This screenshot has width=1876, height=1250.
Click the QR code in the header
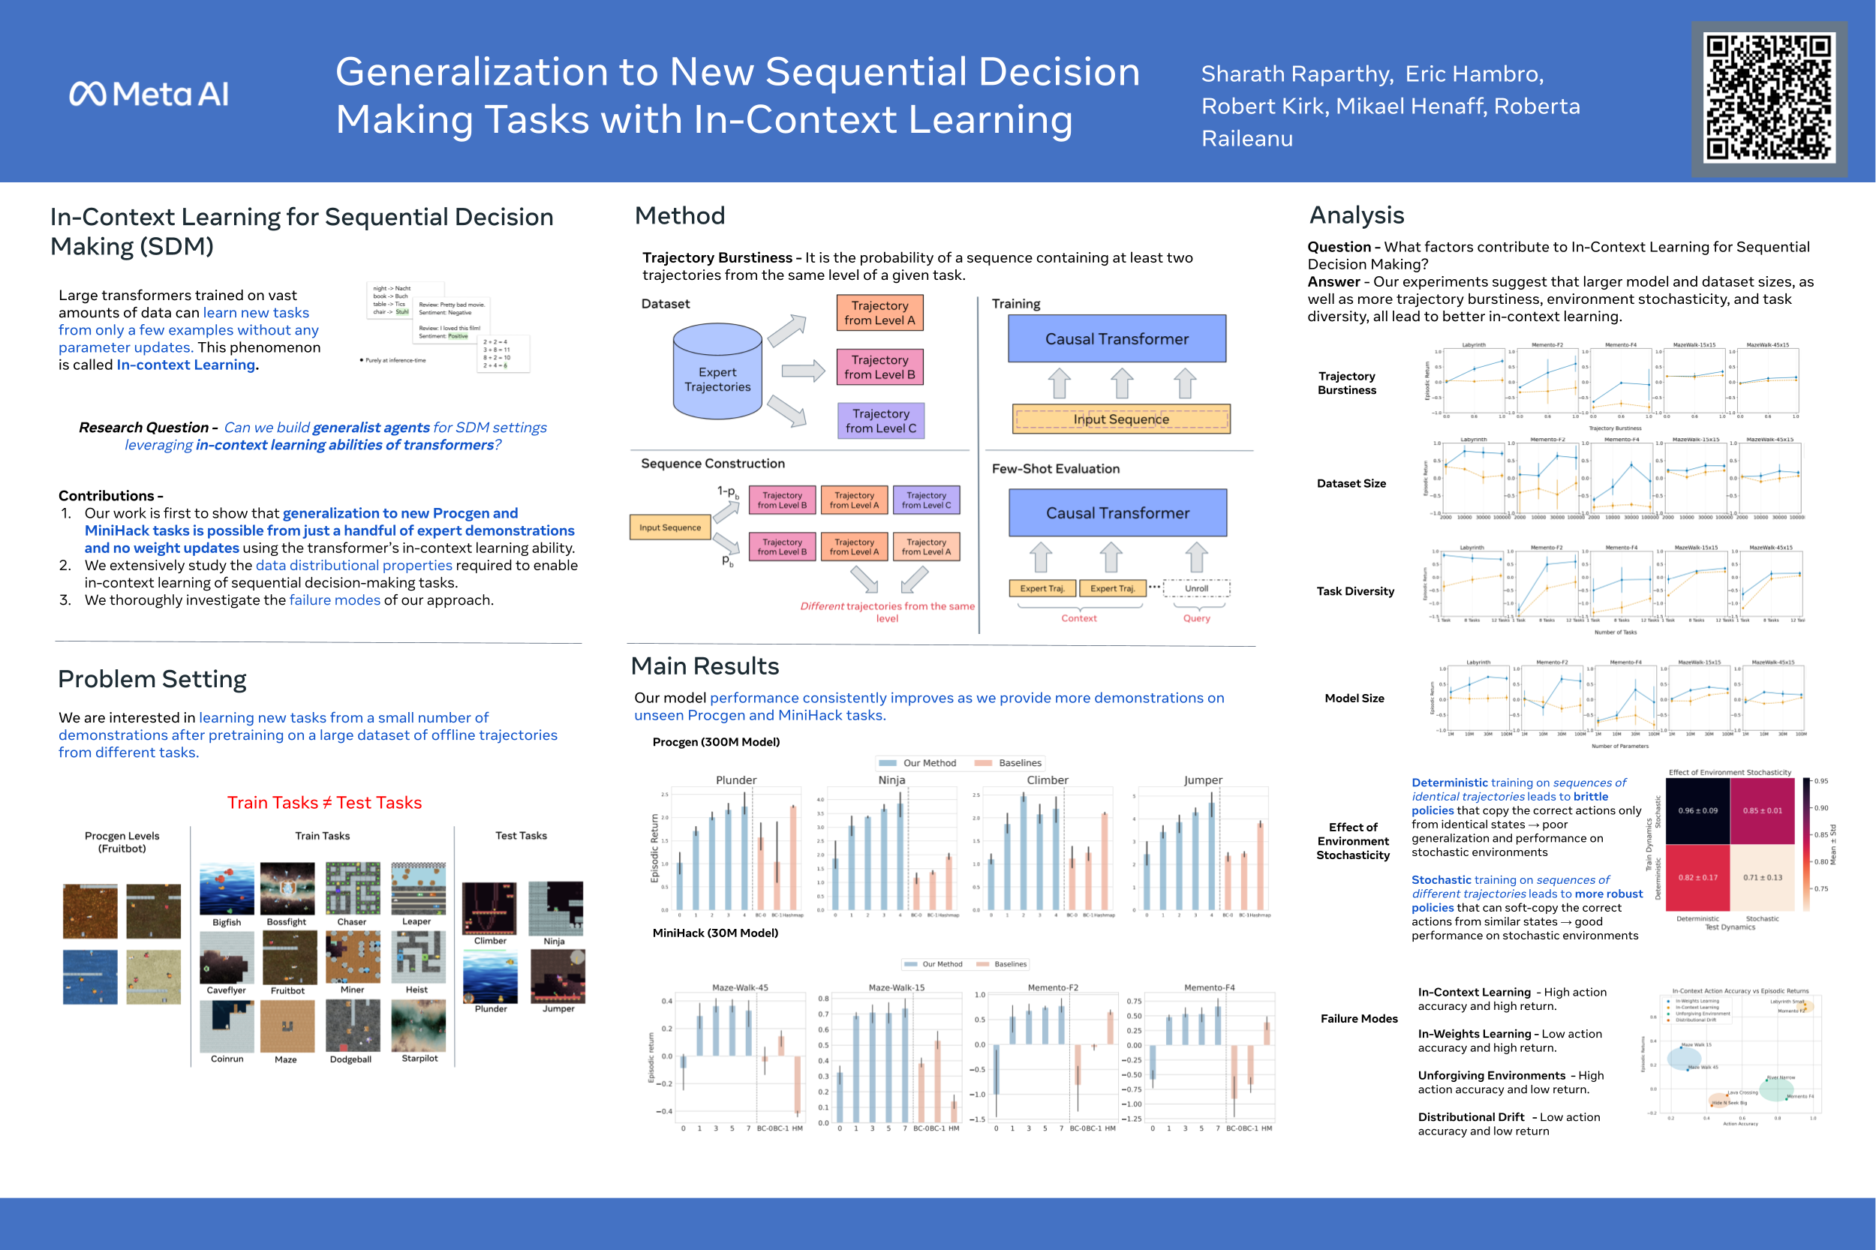click(x=1769, y=98)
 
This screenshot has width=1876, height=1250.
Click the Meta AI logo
click(x=149, y=94)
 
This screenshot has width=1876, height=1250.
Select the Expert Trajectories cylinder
click(x=717, y=372)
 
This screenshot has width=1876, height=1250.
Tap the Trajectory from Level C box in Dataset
click(x=880, y=421)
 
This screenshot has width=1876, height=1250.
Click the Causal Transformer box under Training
click(x=1116, y=339)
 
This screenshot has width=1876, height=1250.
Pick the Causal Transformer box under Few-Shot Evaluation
click(x=1117, y=512)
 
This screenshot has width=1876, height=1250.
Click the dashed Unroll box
click(x=1196, y=588)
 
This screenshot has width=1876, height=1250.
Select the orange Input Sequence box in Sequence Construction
click(x=669, y=527)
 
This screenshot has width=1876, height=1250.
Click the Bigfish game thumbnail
click(x=227, y=890)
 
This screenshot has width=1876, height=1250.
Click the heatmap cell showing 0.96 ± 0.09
click(x=1697, y=811)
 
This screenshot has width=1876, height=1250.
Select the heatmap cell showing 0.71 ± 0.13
click(x=1762, y=878)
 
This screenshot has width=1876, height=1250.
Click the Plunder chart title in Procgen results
click(x=736, y=780)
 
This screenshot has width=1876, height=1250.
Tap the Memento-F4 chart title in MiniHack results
click(x=1209, y=987)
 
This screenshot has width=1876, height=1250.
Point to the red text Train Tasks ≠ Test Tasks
click(x=324, y=803)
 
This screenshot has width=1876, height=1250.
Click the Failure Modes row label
click(x=1358, y=1018)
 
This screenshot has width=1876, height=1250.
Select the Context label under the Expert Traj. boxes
click(x=1079, y=617)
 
